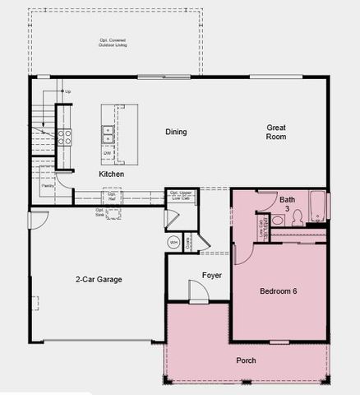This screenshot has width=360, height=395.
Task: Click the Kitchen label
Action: coord(111,174)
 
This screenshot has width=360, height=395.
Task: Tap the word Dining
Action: coord(176,132)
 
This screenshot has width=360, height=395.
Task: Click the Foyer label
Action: coord(212,275)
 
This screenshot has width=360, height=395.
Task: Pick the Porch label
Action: coord(246,360)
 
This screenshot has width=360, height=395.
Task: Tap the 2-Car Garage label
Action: coord(99,280)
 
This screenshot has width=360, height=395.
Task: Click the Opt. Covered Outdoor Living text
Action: coord(115,43)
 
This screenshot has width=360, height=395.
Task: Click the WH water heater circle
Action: coord(174,242)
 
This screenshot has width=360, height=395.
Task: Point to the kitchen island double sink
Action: coord(108,131)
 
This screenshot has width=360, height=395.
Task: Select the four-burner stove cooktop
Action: coord(64,136)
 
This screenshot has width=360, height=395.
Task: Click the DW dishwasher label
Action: coord(108,153)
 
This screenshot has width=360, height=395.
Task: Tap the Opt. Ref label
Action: coord(113,197)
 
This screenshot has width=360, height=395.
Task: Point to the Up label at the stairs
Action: coord(67,91)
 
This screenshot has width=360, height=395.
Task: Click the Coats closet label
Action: coord(189,243)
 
